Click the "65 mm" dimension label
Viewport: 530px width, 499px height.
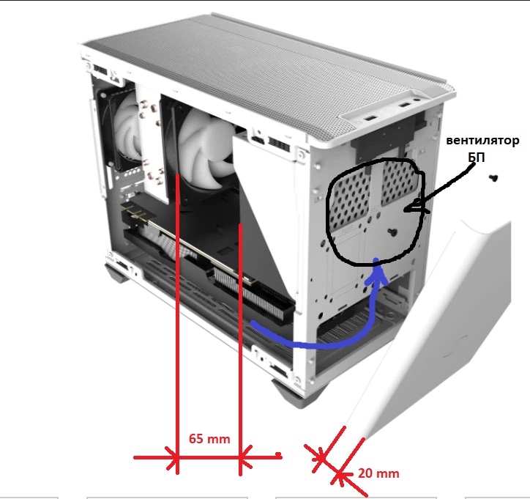click(209, 439)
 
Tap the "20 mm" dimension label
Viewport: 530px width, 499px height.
click(378, 473)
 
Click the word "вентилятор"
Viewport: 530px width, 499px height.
click(482, 141)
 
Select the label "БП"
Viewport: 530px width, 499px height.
click(477, 157)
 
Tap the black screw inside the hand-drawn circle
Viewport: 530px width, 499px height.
click(392, 232)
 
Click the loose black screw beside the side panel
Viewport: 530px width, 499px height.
click(493, 177)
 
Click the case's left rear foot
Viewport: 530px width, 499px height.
click(116, 273)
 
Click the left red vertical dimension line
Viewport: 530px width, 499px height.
click(177, 325)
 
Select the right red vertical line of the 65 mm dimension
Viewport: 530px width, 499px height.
click(240, 350)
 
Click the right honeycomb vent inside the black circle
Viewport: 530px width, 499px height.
click(399, 182)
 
